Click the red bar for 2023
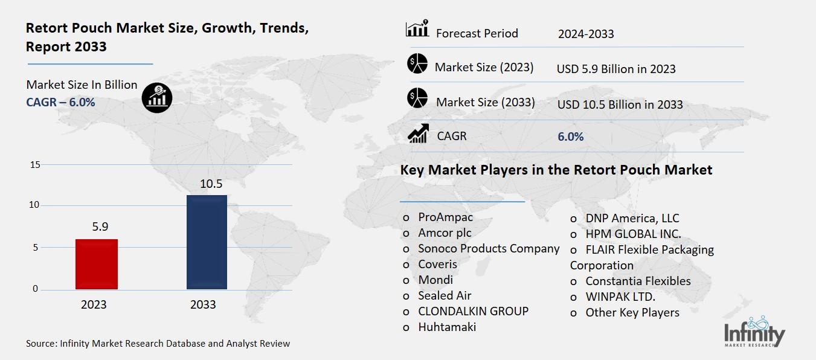pyautogui.click(x=96, y=264)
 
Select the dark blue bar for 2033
pyautogui.click(x=207, y=242)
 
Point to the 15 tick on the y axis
pyautogui.click(x=35, y=165)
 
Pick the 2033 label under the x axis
pyautogui.click(x=203, y=304)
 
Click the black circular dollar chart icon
pyautogui.click(x=157, y=97)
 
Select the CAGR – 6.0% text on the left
pyautogui.click(x=60, y=102)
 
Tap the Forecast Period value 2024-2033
pyautogui.click(x=585, y=34)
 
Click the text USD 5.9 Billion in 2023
pyautogui.click(x=615, y=69)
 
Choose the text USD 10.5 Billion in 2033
pyautogui.click(x=620, y=104)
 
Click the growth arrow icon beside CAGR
pyautogui.click(x=418, y=133)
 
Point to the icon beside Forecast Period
pyautogui.click(x=417, y=28)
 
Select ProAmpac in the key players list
pyautogui.click(x=445, y=217)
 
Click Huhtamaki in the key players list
pyautogui.click(x=447, y=327)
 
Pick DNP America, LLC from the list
pyautogui.click(x=632, y=218)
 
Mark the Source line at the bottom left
pyautogui.click(x=158, y=343)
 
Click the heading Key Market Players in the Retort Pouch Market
pyautogui.click(x=556, y=170)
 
